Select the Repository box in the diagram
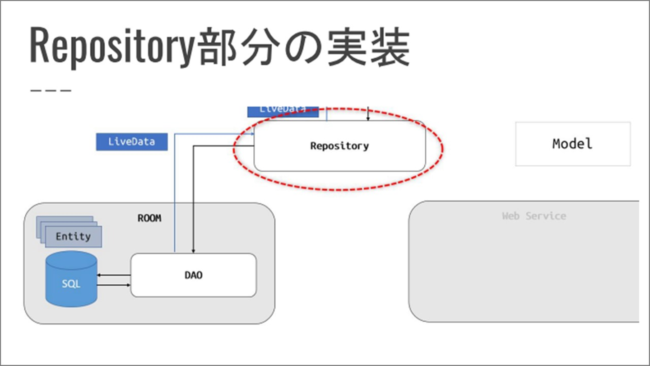tap(339, 146)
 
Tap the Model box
tap(572, 144)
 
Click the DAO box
tap(193, 275)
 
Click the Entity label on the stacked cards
tap(73, 236)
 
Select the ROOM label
tap(149, 218)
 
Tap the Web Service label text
tap(534, 216)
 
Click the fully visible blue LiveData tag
tap(131, 141)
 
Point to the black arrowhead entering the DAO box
tap(194, 251)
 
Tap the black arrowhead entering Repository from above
tap(368, 118)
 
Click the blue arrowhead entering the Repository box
tap(252, 134)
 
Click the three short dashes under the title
tap(51, 90)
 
